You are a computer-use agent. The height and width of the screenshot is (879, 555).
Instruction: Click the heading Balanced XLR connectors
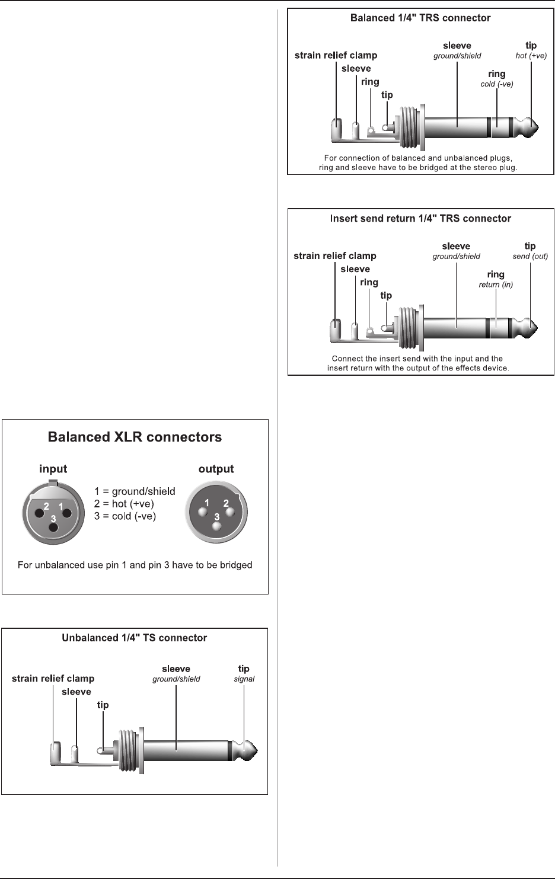coord(135,437)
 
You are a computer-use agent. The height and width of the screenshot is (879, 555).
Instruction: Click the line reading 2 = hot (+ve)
coord(124,504)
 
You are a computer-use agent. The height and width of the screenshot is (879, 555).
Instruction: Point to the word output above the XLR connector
coord(216,469)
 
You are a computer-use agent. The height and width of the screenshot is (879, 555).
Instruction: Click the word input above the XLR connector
coord(53,469)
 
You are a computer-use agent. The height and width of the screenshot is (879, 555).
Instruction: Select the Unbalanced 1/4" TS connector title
coord(135,638)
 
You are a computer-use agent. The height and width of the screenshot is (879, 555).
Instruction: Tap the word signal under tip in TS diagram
coord(244,679)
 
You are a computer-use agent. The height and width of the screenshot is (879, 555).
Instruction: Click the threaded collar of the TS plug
coord(130,750)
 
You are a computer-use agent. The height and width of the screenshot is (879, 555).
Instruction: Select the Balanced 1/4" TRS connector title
coord(420,18)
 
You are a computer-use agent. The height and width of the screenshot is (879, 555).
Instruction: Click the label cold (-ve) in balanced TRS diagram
coord(497,84)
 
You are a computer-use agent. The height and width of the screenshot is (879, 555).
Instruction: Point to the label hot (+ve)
coord(531,56)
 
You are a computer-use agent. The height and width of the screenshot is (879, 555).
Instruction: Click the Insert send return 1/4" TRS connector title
coord(420,219)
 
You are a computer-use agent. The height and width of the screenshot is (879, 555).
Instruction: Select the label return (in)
coord(496,285)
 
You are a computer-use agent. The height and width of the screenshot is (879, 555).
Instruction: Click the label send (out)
coord(530,257)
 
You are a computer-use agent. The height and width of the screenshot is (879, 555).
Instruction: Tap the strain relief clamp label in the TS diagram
coord(53,679)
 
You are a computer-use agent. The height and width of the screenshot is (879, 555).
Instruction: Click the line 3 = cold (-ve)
coord(125,516)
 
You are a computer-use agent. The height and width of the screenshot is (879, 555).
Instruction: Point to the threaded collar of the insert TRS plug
coord(410,327)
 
